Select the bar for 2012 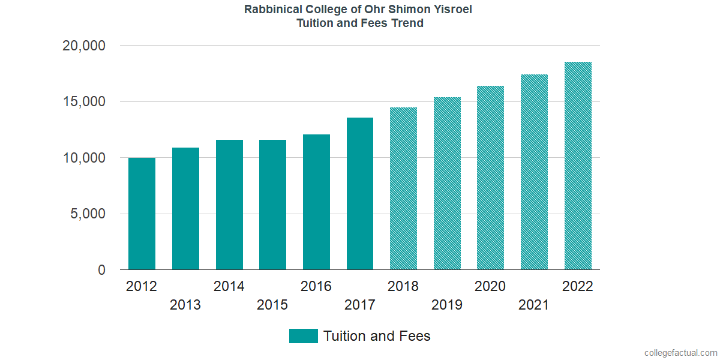(142, 214)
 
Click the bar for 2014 (229, 205)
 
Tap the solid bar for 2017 (360, 193)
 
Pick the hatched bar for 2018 (403, 188)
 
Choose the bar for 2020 (490, 178)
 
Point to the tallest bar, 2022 (578, 166)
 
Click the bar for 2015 (272, 205)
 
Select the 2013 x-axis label (185, 305)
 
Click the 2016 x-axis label (316, 286)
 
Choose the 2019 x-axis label (447, 305)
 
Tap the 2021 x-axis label (534, 305)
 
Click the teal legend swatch (303, 336)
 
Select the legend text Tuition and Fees (377, 336)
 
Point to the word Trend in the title (408, 23)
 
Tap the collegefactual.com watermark (680, 353)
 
